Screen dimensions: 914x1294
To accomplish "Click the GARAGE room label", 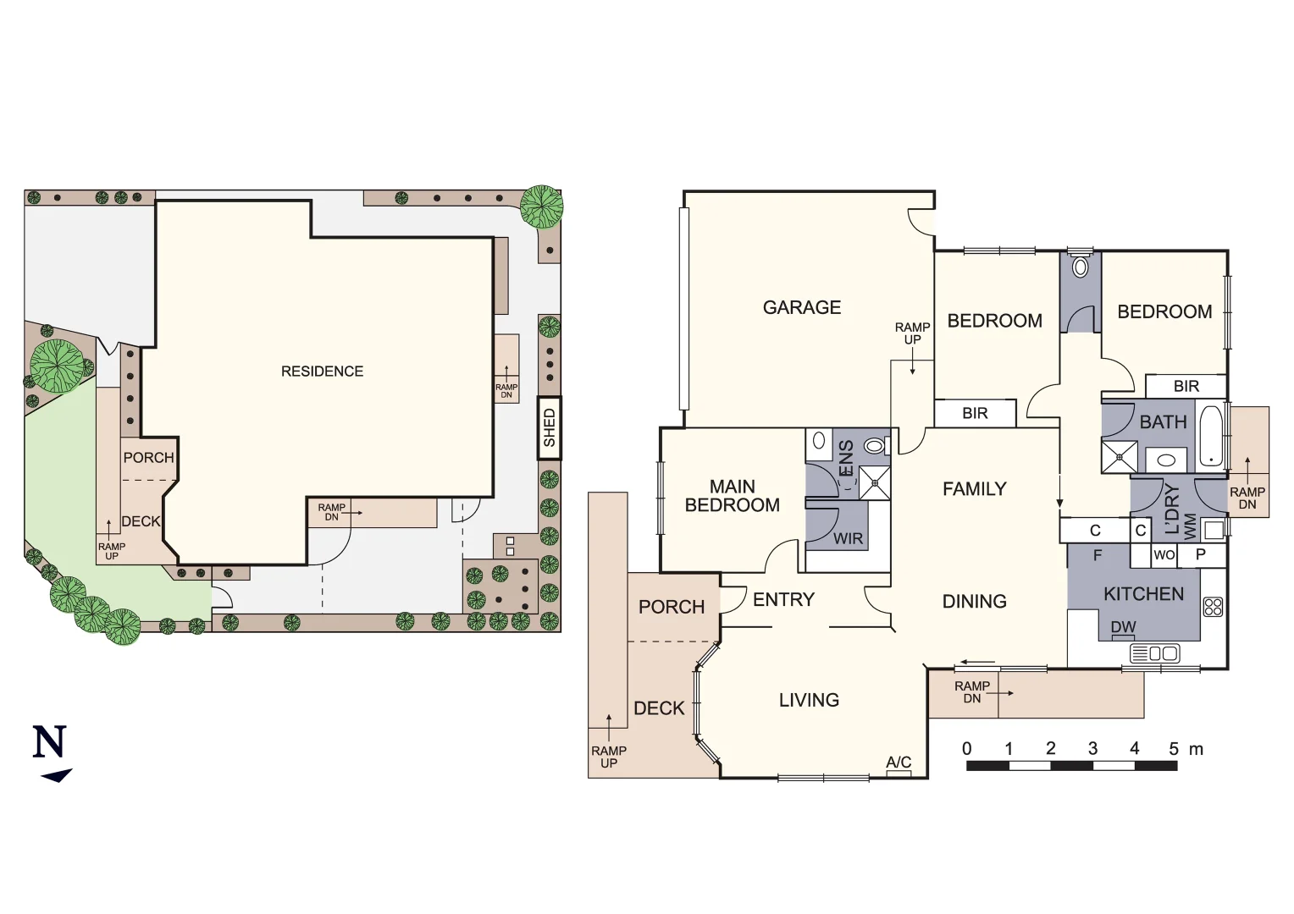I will pyautogui.click(x=801, y=307).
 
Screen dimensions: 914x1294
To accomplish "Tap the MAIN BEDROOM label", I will pyautogui.click(x=732, y=496).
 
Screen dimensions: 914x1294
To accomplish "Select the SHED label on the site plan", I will pyautogui.click(x=550, y=427).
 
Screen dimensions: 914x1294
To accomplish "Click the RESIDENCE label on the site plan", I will pyautogui.click(x=322, y=372).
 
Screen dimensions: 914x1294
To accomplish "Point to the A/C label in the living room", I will pyautogui.click(x=899, y=762).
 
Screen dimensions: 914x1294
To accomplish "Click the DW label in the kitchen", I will pyautogui.click(x=1123, y=627).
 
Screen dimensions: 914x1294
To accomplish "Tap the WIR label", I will pyautogui.click(x=848, y=538).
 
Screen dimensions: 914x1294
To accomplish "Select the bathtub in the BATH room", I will pyautogui.click(x=1211, y=437).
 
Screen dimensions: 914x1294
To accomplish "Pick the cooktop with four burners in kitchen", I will pyautogui.click(x=1213, y=607).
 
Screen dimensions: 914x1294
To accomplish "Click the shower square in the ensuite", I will pyautogui.click(x=875, y=483).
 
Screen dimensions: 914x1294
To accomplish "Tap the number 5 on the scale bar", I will pyautogui.click(x=1174, y=749).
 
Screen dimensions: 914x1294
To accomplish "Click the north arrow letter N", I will pyautogui.click(x=49, y=742).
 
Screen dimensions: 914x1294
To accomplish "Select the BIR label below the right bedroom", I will pyautogui.click(x=1186, y=386).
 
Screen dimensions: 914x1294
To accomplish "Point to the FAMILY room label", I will pyautogui.click(x=974, y=489).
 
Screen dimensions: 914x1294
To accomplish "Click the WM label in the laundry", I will pyautogui.click(x=1191, y=526).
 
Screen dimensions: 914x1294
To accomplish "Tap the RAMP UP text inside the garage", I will pyautogui.click(x=912, y=333).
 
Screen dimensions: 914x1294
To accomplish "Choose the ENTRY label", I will pyautogui.click(x=783, y=600).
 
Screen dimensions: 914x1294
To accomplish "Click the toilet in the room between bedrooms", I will pyautogui.click(x=1080, y=267).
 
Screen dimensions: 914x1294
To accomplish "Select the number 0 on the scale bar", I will pyautogui.click(x=967, y=749).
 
